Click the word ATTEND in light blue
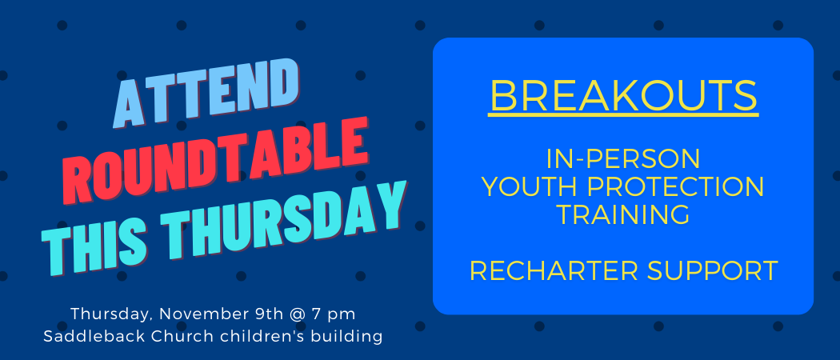coord(206,93)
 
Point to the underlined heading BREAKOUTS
coord(623,96)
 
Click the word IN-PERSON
coord(623,159)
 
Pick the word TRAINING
coord(623,214)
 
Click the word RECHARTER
coord(554,270)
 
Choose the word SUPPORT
coord(713,270)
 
